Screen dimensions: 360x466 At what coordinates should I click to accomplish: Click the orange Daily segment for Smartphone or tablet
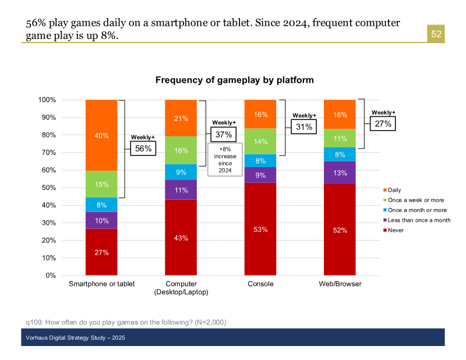(101, 135)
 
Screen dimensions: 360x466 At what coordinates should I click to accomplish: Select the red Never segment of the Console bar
(260, 229)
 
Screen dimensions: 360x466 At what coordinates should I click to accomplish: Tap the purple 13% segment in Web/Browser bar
(340, 172)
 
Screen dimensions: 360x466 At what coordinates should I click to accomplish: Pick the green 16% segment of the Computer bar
(181, 150)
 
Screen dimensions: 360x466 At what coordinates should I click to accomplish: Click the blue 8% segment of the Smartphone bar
(101, 205)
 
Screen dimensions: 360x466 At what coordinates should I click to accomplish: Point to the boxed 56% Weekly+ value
(143, 149)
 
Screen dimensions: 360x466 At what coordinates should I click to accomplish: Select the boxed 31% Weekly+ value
(304, 127)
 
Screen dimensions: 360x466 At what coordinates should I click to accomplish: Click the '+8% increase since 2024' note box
(224, 160)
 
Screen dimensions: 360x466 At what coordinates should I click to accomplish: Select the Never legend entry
(394, 230)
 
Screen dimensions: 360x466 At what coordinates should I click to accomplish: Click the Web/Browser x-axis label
(340, 284)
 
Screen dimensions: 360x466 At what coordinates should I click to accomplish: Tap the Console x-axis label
(260, 284)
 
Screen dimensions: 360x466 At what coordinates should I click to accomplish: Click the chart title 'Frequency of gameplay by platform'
(235, 80)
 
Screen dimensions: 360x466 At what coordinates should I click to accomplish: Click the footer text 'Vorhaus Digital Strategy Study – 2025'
(76, 338)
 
